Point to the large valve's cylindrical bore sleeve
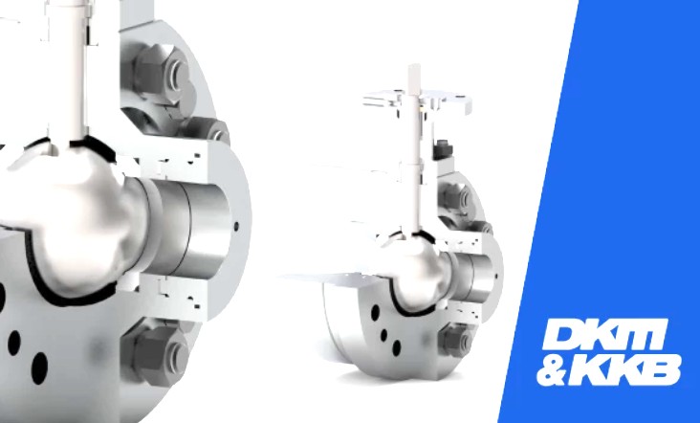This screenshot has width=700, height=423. [187, 229]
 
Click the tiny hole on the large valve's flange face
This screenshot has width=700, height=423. [236, 226]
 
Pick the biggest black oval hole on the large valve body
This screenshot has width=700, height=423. [39, 368]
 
